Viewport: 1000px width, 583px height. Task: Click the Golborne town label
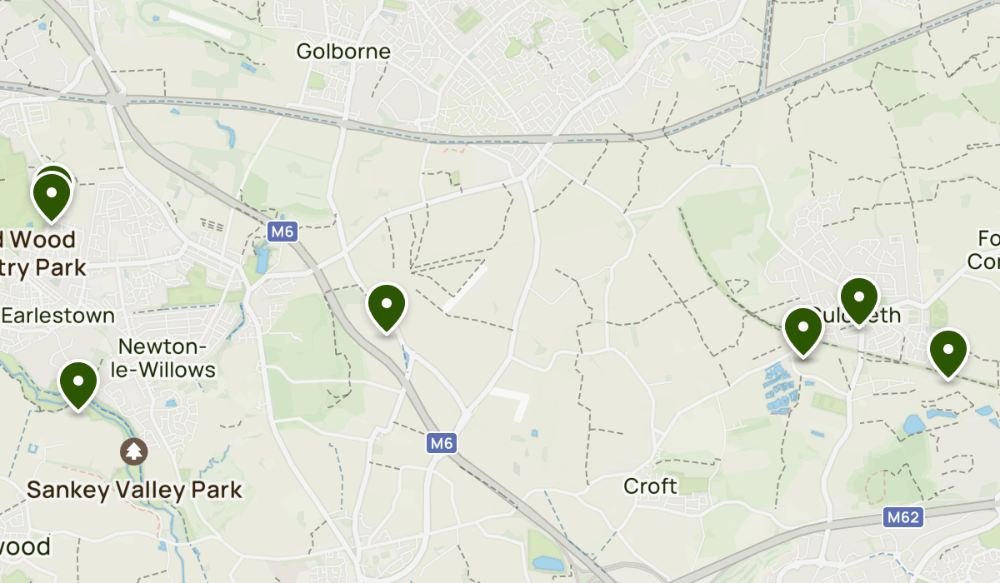343,52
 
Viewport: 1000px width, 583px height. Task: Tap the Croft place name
651,486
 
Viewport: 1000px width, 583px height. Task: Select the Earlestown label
58,316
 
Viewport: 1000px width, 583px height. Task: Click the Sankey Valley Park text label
134,490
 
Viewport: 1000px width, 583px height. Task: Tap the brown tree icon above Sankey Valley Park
133,451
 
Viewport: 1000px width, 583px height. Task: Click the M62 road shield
903,518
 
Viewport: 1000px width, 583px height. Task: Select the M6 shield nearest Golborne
282,232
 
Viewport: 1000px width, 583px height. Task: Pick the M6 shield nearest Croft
442,444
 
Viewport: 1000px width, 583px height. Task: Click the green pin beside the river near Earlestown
78,385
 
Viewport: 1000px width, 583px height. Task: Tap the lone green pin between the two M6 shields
387,307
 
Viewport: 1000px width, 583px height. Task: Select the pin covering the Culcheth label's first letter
803,331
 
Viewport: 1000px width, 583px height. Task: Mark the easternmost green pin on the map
947,353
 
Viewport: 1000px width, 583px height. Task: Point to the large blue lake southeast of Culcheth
913,425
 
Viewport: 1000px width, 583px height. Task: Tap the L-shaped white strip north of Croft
513,401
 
